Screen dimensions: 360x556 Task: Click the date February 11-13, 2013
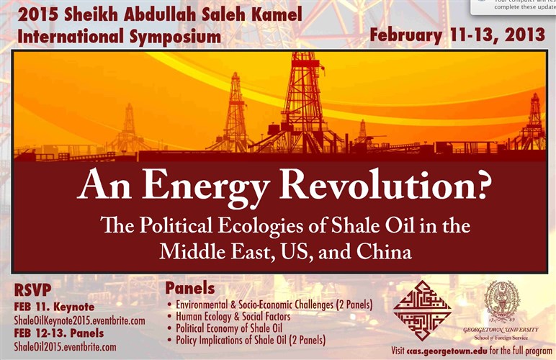[457, 35]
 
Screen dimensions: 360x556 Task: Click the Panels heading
[190, 289]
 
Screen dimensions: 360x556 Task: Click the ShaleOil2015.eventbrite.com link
[65, 347]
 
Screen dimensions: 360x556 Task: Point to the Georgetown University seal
[501, 301]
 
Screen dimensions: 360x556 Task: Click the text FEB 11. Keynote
[54, 307]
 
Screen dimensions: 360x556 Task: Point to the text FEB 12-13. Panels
[59, 334]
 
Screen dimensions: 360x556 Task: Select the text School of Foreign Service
[501, 337]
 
